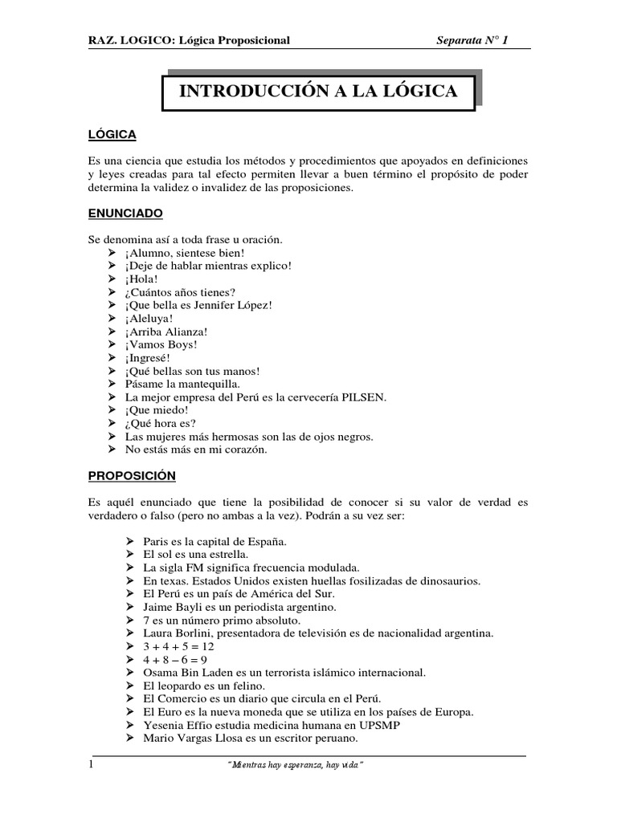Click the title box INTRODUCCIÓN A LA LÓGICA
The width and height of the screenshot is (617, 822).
tap(318, 92)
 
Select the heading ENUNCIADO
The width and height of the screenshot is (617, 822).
tap(125, 214)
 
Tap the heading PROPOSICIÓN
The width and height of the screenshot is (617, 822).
tap(131, 475)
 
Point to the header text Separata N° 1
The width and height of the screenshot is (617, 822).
tap(472, 39)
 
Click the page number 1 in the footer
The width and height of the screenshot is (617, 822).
tap(91, 765)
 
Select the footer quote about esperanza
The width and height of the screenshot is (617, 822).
tap(296, 766)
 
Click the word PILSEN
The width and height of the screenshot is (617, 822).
tap(363, 397)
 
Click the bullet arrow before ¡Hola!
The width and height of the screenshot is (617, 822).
tap(112, 279)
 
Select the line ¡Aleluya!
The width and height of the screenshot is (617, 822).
tap(149, 319)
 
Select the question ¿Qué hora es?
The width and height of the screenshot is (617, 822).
tap(160, 424)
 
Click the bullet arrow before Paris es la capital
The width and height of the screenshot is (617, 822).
tap(131, 542)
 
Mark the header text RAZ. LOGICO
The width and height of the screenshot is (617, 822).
tap(127, 39)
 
